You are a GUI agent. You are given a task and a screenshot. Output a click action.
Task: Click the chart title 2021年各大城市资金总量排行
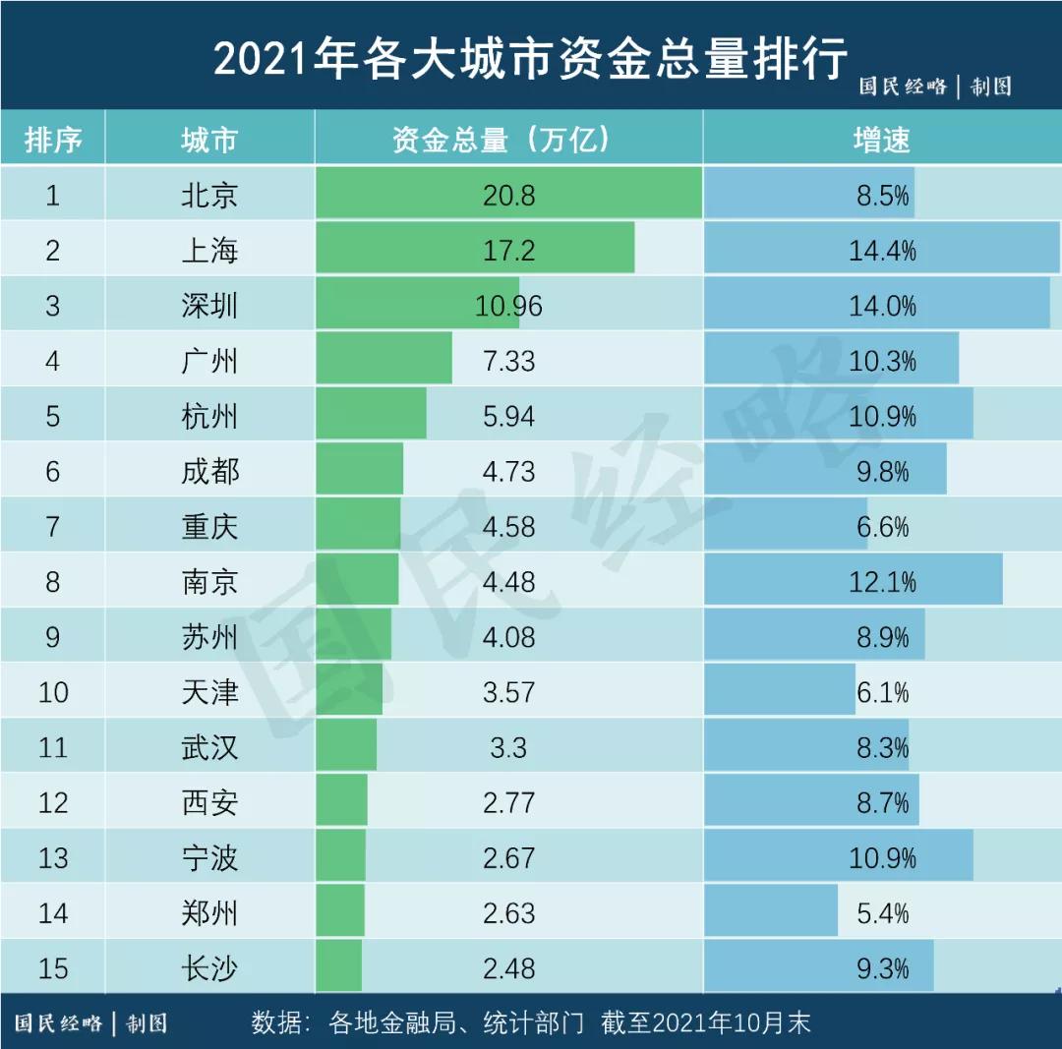[x=530, y=59]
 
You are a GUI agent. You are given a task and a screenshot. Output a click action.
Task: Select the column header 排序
[x=52, y=140]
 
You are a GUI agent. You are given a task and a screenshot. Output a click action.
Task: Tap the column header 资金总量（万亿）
[x=508, y=140]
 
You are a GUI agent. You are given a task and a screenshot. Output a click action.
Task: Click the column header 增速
[x=882, y=140]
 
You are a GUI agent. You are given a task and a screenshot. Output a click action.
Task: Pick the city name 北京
[x=209, y=196]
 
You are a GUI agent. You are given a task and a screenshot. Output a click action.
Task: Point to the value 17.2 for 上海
[x=508, y=251]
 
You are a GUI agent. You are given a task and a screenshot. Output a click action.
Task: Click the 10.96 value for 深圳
[x=508, y=306]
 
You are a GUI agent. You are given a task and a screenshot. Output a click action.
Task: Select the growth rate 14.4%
[x=882, y=251]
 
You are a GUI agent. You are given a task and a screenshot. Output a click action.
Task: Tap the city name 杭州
[x=209, y=417]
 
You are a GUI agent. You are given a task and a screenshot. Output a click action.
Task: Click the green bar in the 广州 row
[x=383, y=361]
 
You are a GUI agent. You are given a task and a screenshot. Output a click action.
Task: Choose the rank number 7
[x=52, y=527]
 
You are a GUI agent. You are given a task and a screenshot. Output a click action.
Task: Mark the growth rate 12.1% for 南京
[x=882, y=582]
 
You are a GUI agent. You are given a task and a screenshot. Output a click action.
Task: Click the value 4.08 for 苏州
[x=508, y=637]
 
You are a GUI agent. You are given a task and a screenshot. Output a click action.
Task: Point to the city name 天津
[x=209, y=692]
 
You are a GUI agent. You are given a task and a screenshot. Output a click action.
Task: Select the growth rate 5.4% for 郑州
[x=882, y=913]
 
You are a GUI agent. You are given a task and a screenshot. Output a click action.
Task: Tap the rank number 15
[x=52, y=968]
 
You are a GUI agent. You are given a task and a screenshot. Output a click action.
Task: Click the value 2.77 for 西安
[x=508, y=803]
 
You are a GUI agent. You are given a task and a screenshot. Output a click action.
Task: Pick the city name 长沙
[x=209, y=968]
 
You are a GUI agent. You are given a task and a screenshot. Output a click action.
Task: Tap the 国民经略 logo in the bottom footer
[x=59, y=1023]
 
